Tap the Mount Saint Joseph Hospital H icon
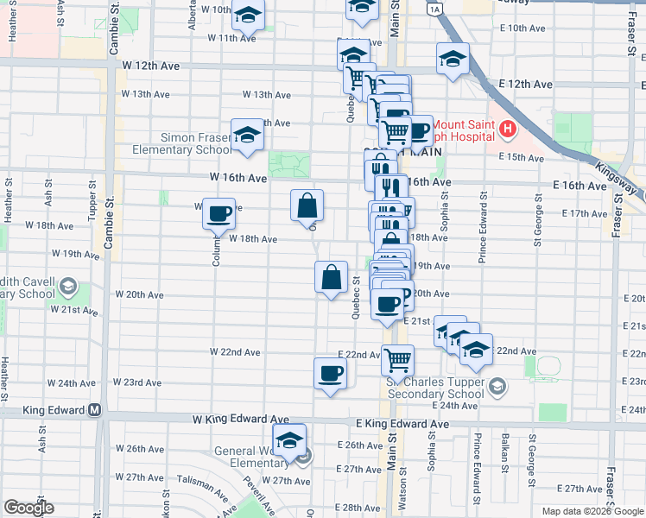[x=508, y=130]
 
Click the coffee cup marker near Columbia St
[x=219, y=212]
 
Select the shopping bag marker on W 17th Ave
[x=307, y=207]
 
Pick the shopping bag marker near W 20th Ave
[x=331, y=278]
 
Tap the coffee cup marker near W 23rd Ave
[x=331, y=374]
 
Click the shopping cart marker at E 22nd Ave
[x=397, y=358]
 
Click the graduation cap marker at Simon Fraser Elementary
[x=247, y=136]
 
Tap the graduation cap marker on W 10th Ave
[x=248, y=15]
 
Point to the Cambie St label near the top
[x=113, y=35]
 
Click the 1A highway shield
[x=434, y=8]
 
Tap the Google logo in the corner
[x=28, y=508]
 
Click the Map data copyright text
[x=592, y=511]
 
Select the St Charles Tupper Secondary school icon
[x=496, y=385]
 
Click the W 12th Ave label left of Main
[x=150, y=66]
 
